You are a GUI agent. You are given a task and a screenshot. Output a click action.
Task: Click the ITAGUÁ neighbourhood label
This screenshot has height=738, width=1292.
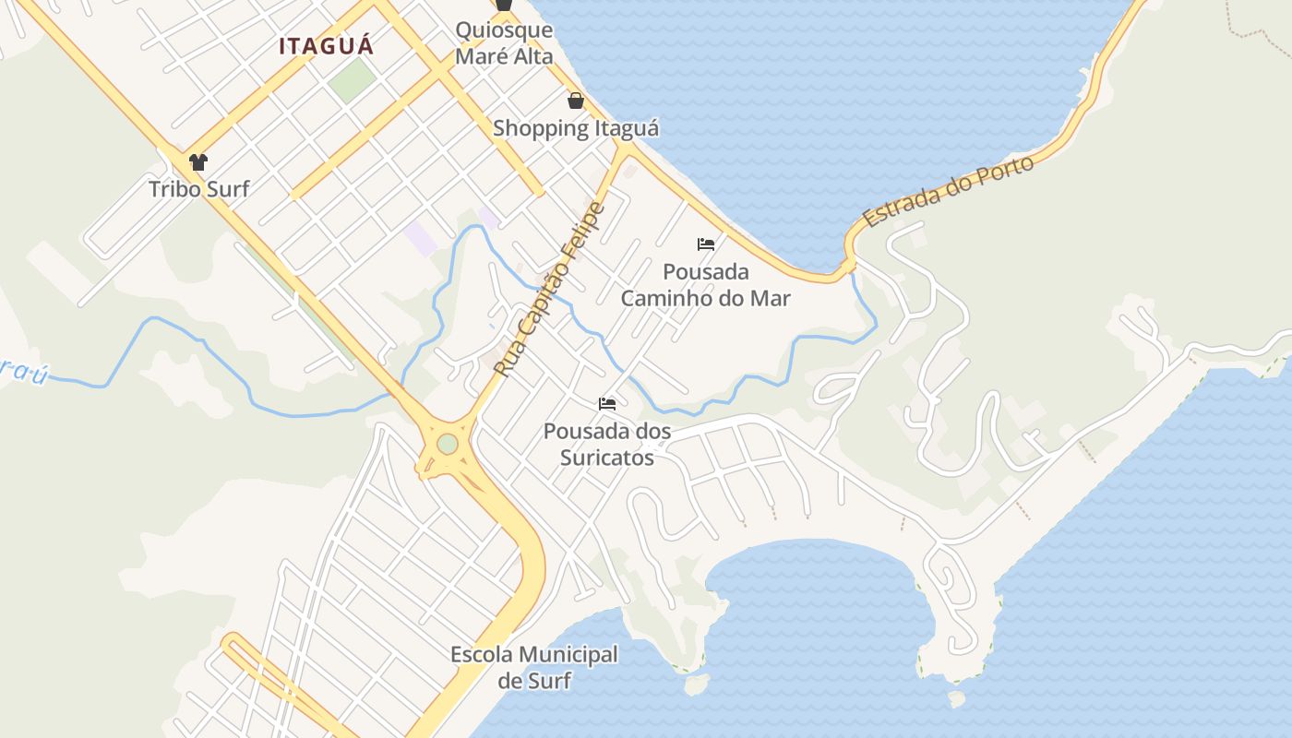pyautogui.click(x=327, y=46)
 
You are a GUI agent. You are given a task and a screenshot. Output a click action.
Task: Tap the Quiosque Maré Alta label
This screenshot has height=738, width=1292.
pyautogui.click(x=504, y=43)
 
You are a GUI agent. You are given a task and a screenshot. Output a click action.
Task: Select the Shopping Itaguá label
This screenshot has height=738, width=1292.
pyautogui.click(x=576, y=128)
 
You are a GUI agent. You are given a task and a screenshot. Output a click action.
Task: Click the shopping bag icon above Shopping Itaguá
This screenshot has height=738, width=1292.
pyautogui.click(x=576, y=101)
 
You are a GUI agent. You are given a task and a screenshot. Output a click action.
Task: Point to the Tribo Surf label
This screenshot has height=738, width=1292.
pyautogui.click(x=199, y=189)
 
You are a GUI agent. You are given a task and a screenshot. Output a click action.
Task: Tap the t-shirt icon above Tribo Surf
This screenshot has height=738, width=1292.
pyautogui.click(x=198, y=163)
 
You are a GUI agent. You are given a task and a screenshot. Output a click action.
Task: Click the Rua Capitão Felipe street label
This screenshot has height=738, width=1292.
pyautogui.click(x=550, y=289)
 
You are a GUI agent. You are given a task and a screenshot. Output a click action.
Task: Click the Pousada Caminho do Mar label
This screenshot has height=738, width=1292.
pyautogui.click(x=706, y=285)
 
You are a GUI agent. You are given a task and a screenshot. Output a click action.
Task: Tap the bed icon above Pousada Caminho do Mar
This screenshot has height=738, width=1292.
pyautogui.click(x=706, y=244)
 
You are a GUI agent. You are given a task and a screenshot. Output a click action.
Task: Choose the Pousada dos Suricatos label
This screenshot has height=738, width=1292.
pyautogui.click(x=607, y=444)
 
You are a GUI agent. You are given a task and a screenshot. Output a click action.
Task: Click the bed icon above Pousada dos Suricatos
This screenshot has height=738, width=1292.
pyautogui.click(x=607, y=404)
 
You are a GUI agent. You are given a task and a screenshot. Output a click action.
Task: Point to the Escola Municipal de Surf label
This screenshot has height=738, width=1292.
pyautogui.click(x=534, y=668)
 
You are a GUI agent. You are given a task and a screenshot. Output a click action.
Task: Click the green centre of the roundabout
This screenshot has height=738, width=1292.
pyautogui.click(x=448, y=445)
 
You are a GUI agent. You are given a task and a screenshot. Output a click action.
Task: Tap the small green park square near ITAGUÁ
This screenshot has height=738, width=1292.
pyautogui.click(x=352, y=81)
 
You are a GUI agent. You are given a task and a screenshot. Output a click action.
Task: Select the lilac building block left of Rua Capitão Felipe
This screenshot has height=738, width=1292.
pyautogui.click(x=421, y=238)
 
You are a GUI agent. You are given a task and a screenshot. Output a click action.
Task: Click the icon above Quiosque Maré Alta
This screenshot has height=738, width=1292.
pyautogui.click(x=504, y=5)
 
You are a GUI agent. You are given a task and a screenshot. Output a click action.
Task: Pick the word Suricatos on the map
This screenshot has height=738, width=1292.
pyautogui.click(x=607, y=457)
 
